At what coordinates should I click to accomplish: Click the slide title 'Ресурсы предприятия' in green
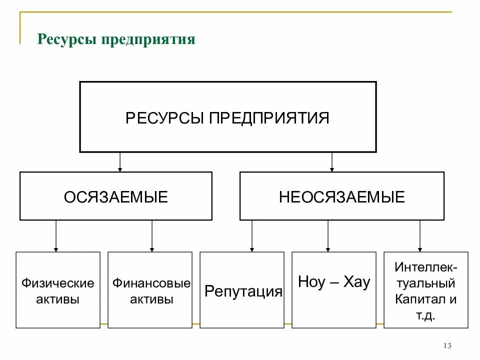[x=116, y=39]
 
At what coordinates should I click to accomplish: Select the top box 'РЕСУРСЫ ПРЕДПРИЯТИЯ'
[x=227, y=117]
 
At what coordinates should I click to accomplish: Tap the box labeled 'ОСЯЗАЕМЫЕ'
[x=115, y=196]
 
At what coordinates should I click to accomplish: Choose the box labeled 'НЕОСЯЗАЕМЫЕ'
[x=341, y=196]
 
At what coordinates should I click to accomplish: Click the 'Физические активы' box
[x=57, y=290]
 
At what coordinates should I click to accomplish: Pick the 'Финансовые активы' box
[x=150, y=290]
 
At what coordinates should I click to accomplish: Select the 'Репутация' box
[x=242, y=290]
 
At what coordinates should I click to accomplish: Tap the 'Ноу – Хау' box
[x=333, y=290]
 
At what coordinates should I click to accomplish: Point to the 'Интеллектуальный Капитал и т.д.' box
[x=425, y=290]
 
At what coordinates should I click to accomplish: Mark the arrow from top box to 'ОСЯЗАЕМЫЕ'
[x=120, y=162]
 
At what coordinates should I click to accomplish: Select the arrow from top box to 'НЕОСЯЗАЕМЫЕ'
[x=332, y=162]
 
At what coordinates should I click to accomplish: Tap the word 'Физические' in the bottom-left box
[x=57, y=283]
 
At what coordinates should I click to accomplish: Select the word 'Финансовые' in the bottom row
[x=151, y=283]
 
